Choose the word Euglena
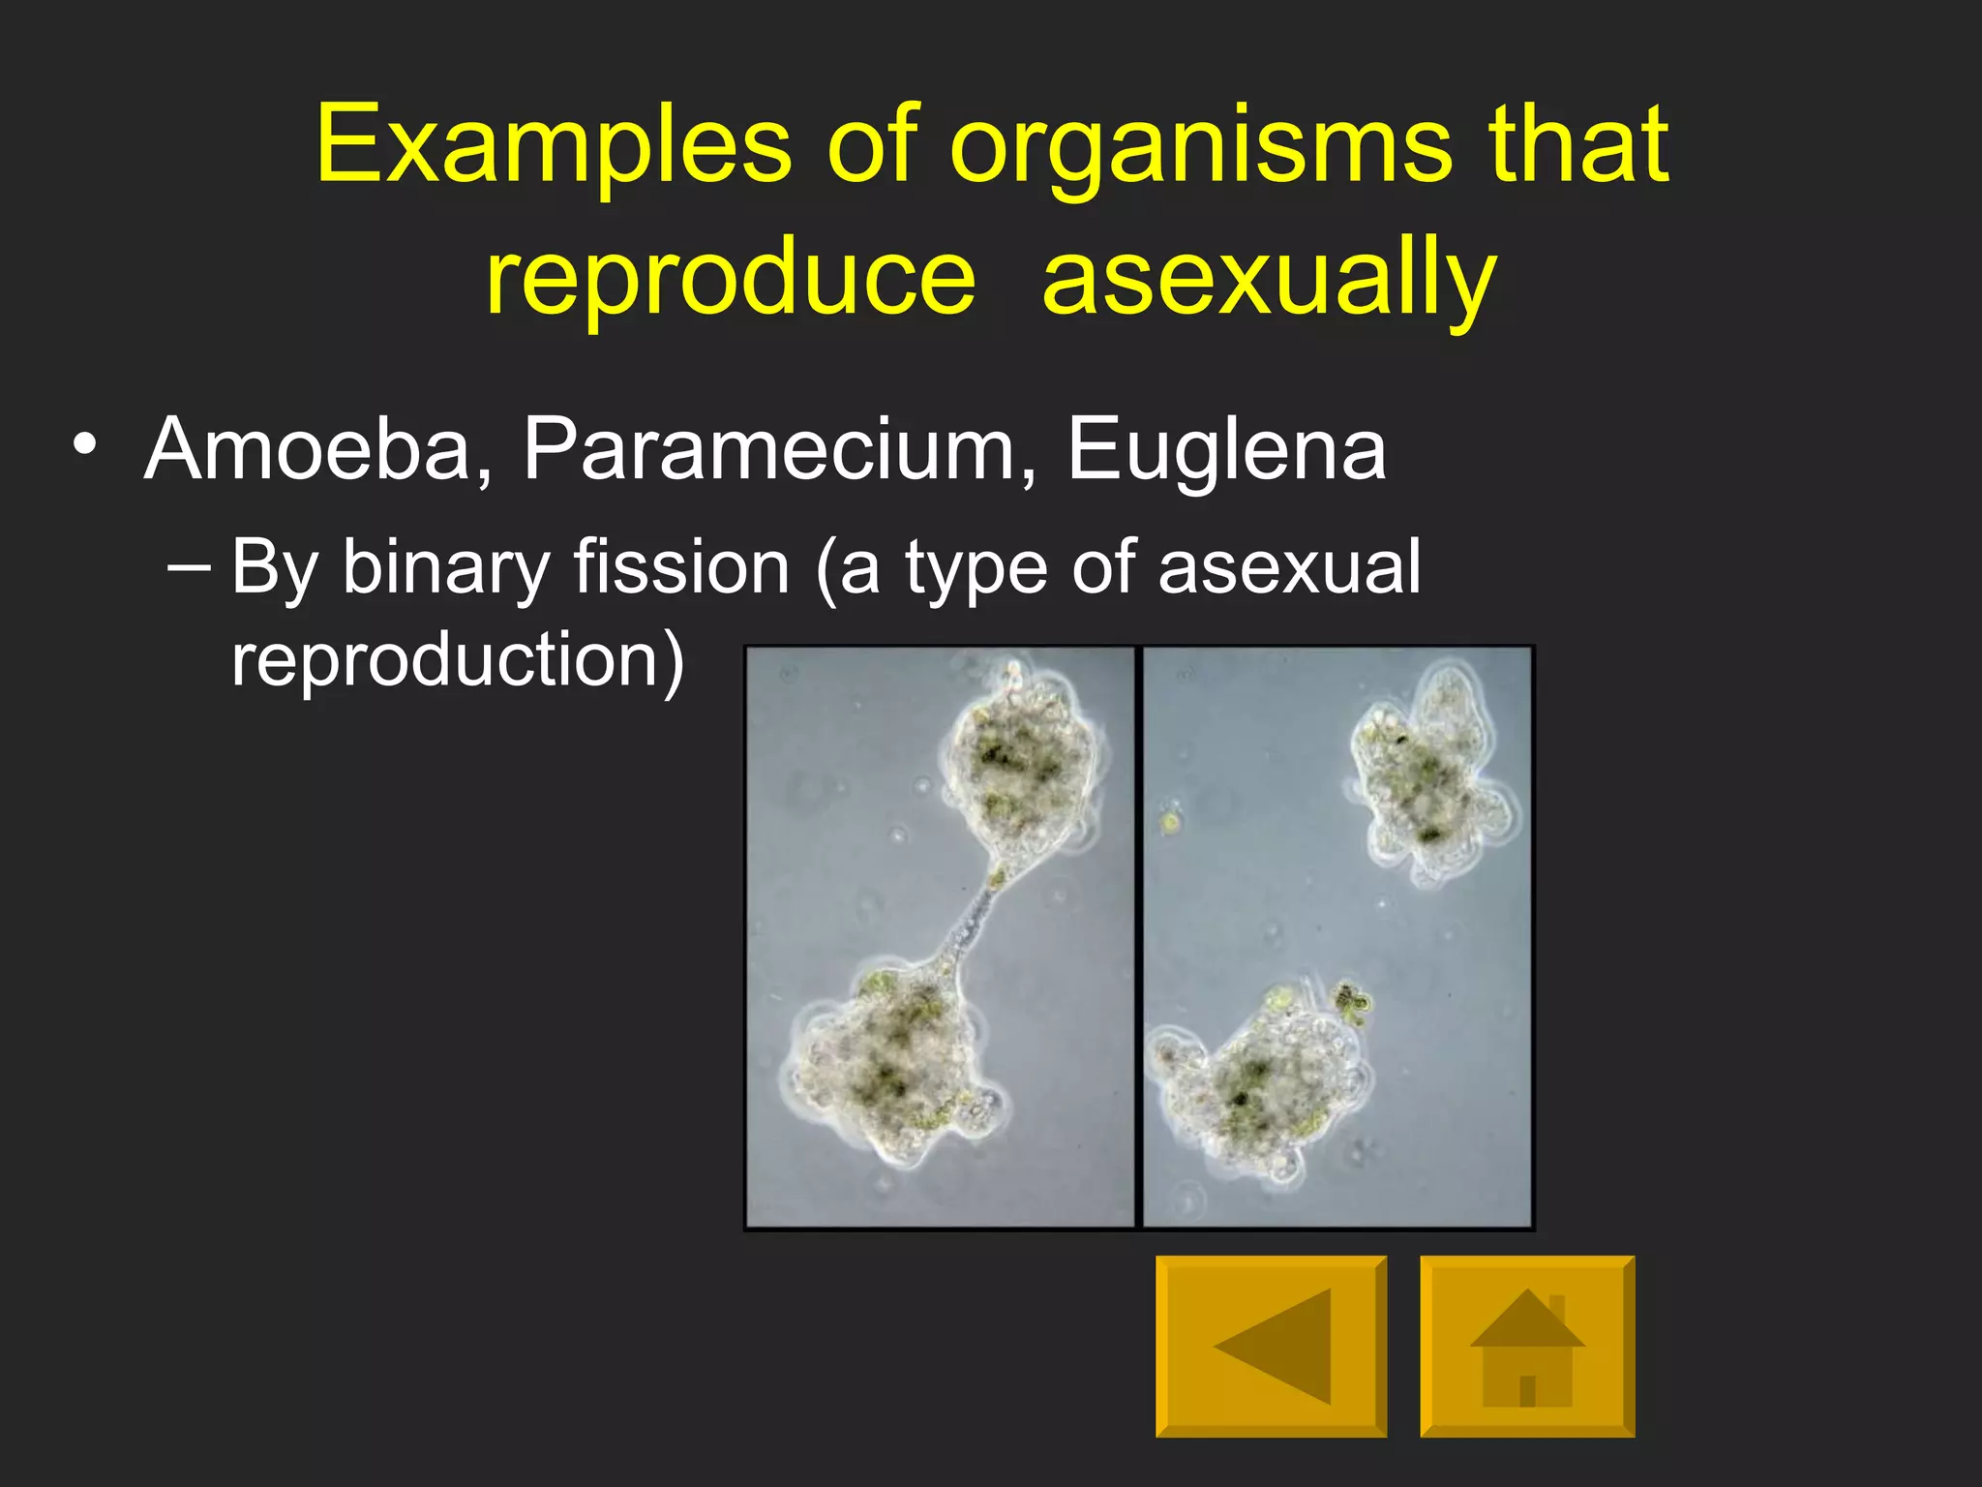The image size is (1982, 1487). click(1226, 451)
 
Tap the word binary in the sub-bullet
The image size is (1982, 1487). click(445, 568)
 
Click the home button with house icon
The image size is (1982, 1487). click(1527, 1346)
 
